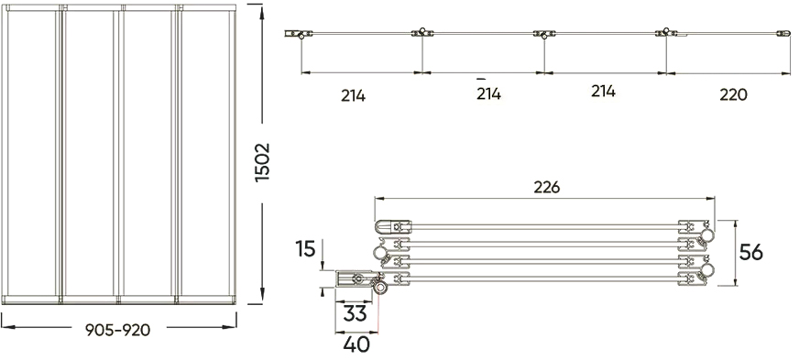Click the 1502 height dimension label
[263, 163]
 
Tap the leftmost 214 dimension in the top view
[352, 93]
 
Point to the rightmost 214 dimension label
[602, 92]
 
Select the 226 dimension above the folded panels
[546, 187]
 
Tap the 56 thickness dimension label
[751, 251]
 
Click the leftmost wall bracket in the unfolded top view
[296, 35]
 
